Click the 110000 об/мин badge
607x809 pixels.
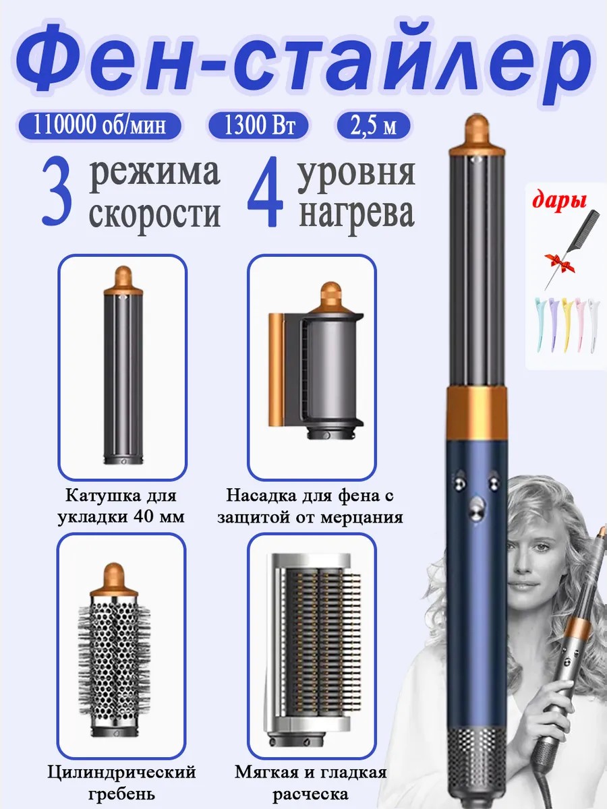[100, 125]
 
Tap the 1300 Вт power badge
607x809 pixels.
[258, 125]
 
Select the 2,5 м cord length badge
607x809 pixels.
[373, 125]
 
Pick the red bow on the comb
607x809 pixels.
[558, 262]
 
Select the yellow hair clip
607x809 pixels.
[567, 324]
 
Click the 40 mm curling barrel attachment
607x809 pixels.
[123, 365]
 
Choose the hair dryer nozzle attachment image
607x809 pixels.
[316, 361]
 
